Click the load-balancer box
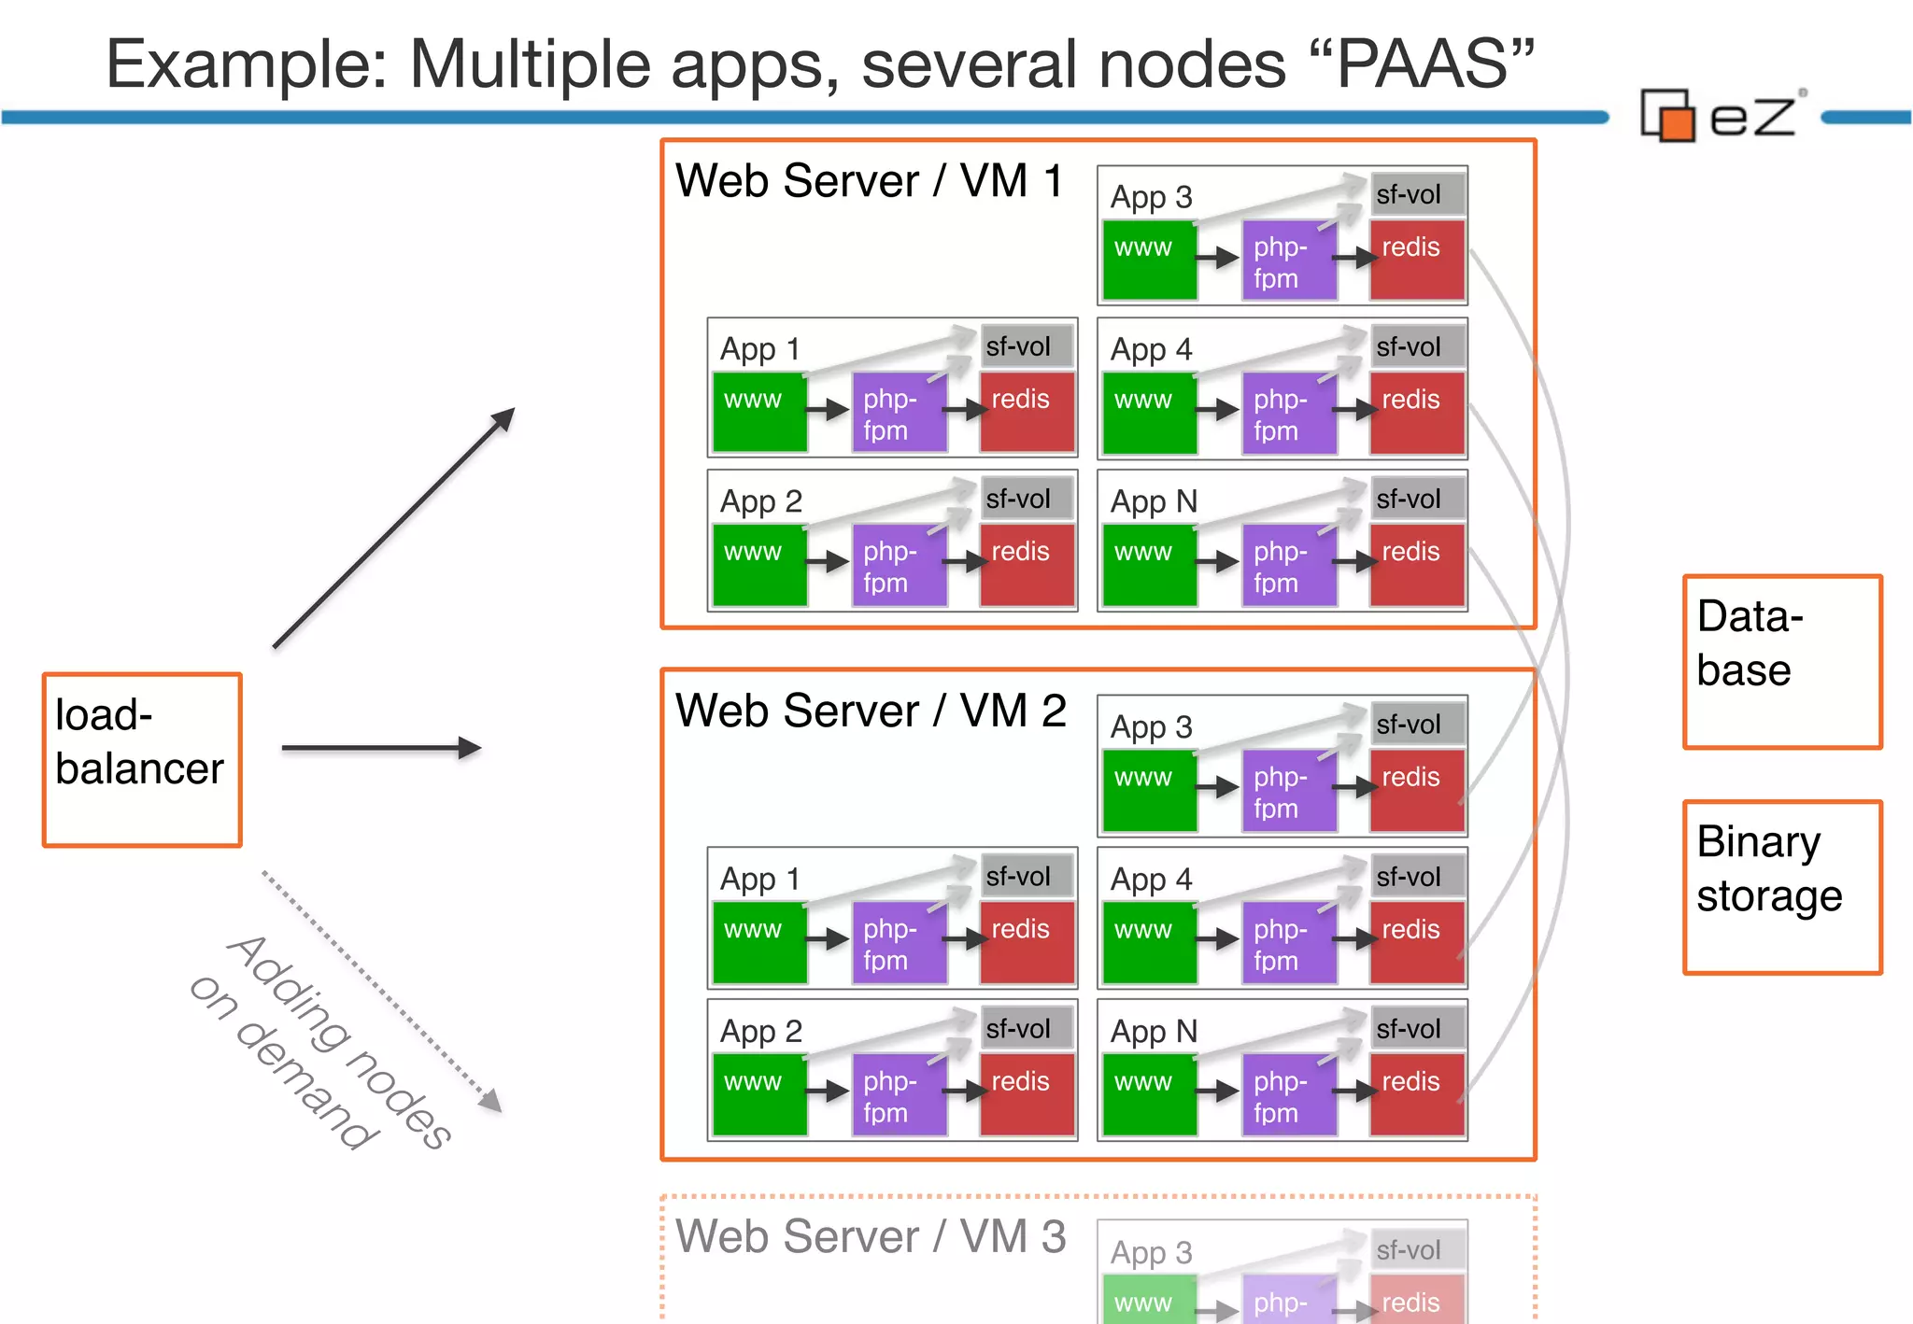coord(142,759)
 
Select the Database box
coord(1781,661)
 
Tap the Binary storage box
coord(1781,887)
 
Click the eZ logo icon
coord(1668,116)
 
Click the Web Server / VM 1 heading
coord(869,181)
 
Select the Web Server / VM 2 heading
coord(870,711)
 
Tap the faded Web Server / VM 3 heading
coord(870,1236)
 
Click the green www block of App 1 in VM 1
coord(759,412)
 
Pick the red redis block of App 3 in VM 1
coord(1417,260)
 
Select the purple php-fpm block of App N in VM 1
coord(1288,566)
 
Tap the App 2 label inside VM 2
coord(760,1031)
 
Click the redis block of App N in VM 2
coord(1417,1094)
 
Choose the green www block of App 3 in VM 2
coord(1149,789)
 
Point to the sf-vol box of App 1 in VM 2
coord(1026,876)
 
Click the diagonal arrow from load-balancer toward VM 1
coord(393,528)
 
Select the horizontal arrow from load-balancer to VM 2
coord(380,748)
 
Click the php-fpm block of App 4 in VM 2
coord(1288,943)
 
